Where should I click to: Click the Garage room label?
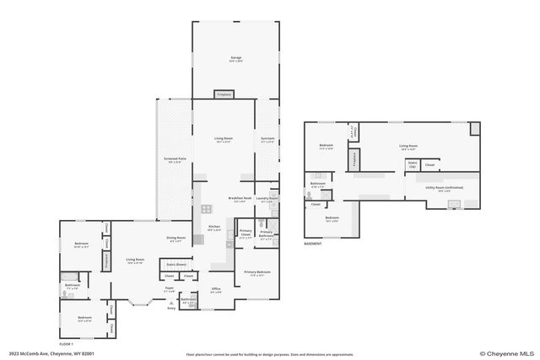tap(235, 59)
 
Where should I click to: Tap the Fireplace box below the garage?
tap(224, 95)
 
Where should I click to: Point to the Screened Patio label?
tap(174, 159)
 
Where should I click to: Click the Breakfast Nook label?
tap(240, 199)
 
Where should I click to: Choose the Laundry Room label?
tap(267, 200)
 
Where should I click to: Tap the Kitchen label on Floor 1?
tap(213, 228)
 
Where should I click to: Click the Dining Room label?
tap(175, 239)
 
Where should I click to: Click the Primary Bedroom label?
tap(257, 272)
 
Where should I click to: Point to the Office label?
tap(216, 289)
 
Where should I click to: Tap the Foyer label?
tap(169, 289)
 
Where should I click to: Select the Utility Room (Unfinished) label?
tap(440, 190)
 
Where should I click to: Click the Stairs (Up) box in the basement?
tap(413, 165)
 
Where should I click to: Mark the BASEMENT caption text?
tap(314, 244)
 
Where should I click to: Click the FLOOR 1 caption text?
tap(67, 344)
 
